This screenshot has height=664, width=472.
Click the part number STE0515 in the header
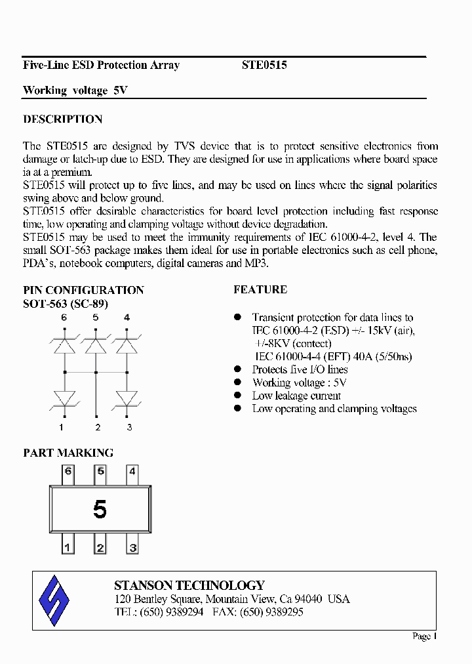[264, 65]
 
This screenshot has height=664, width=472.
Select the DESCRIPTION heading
[63, 119]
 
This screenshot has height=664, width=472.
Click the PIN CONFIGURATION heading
[83, 290]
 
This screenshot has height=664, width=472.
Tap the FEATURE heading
[260, 289]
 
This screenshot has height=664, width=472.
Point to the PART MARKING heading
[68, 453]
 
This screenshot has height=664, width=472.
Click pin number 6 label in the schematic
[64, 318]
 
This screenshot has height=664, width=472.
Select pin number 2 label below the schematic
[98, 428]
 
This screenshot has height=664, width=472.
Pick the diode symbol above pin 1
[64, 398]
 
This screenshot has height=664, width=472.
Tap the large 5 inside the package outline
[100, 509]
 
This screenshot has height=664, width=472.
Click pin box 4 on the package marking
[132, 471]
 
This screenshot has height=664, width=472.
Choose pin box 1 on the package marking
[68, 547]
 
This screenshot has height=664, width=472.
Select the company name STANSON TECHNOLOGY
[189, 585]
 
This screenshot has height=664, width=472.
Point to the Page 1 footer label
[424, 636]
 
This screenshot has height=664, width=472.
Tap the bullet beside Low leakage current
[238, 395]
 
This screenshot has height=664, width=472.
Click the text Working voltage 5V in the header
[75, 91]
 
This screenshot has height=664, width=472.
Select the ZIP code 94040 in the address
[308, 599]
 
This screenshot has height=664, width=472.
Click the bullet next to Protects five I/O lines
[238, 369]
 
